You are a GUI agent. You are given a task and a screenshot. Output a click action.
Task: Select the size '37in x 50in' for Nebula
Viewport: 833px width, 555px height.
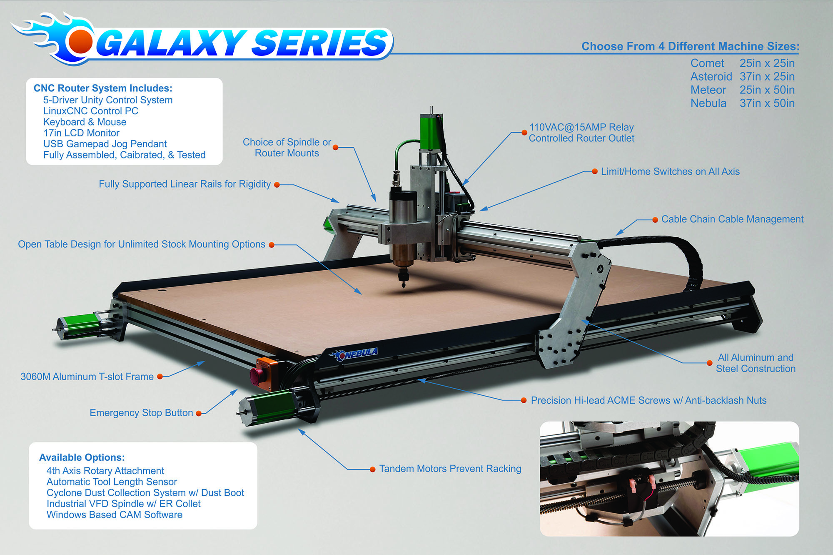coord(767,103)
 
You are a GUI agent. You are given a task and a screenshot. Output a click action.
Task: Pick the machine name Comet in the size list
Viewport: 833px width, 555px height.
coord(707,63)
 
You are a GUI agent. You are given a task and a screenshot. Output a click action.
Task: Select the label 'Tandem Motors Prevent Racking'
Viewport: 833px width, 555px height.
coord(450,469)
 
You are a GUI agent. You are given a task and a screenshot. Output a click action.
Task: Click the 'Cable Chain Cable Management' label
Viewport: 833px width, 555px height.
coord(732,219)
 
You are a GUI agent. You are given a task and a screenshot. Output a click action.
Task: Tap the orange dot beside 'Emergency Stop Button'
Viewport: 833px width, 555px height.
coord(199,413)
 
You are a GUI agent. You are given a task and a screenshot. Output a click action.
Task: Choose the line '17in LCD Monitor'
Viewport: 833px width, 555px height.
coord(81,133)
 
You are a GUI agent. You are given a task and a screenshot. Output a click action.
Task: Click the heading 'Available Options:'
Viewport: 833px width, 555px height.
coord(82,457)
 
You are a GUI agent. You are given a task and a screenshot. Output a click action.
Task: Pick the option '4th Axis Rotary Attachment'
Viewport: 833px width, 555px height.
coord(105,471)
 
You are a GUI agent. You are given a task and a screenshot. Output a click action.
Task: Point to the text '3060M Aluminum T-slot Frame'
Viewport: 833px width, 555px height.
coord(87,377)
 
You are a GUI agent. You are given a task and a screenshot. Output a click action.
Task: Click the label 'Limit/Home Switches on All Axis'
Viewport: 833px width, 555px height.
coord(670,171)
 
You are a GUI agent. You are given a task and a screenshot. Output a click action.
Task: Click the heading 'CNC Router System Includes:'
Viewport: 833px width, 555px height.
coord(103,88)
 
